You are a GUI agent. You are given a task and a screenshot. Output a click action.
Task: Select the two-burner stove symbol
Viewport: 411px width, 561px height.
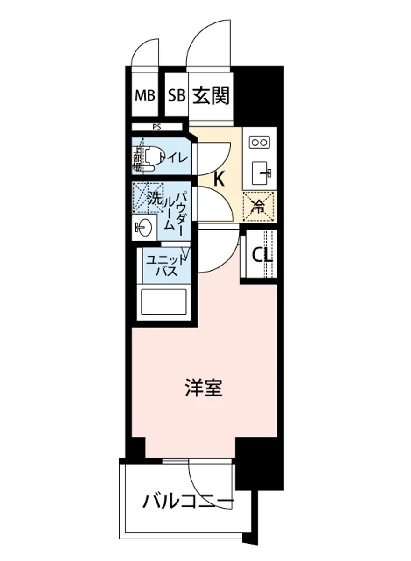click(x=259, y=142)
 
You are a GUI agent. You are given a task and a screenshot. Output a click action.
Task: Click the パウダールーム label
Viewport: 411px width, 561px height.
click(x=175, y=210)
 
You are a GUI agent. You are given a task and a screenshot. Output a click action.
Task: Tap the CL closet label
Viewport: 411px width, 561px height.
click(x=262, y=255)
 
